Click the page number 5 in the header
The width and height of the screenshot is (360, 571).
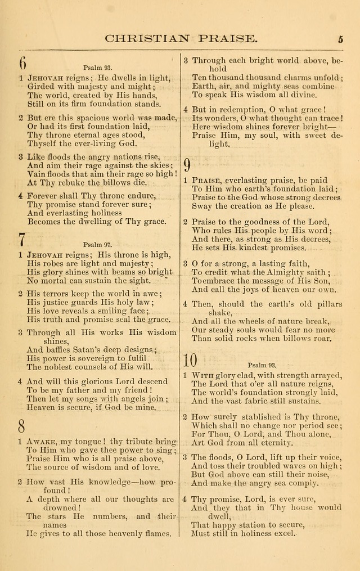pos(341,39)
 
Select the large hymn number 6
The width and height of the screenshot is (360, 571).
pos(22,62)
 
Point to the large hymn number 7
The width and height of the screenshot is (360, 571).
pos(22,239)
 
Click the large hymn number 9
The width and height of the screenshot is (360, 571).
pos(187,165)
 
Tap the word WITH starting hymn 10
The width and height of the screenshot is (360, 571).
pos(201,375)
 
